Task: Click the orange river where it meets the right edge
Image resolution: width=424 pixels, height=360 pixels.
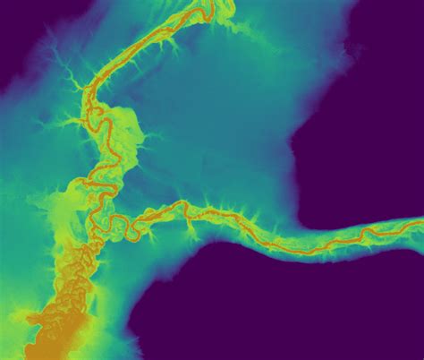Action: click(420, 223)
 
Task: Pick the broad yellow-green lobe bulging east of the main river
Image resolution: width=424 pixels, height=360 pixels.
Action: click(125, 130)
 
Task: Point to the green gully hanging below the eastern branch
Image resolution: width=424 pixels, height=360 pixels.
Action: click(191, 233)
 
